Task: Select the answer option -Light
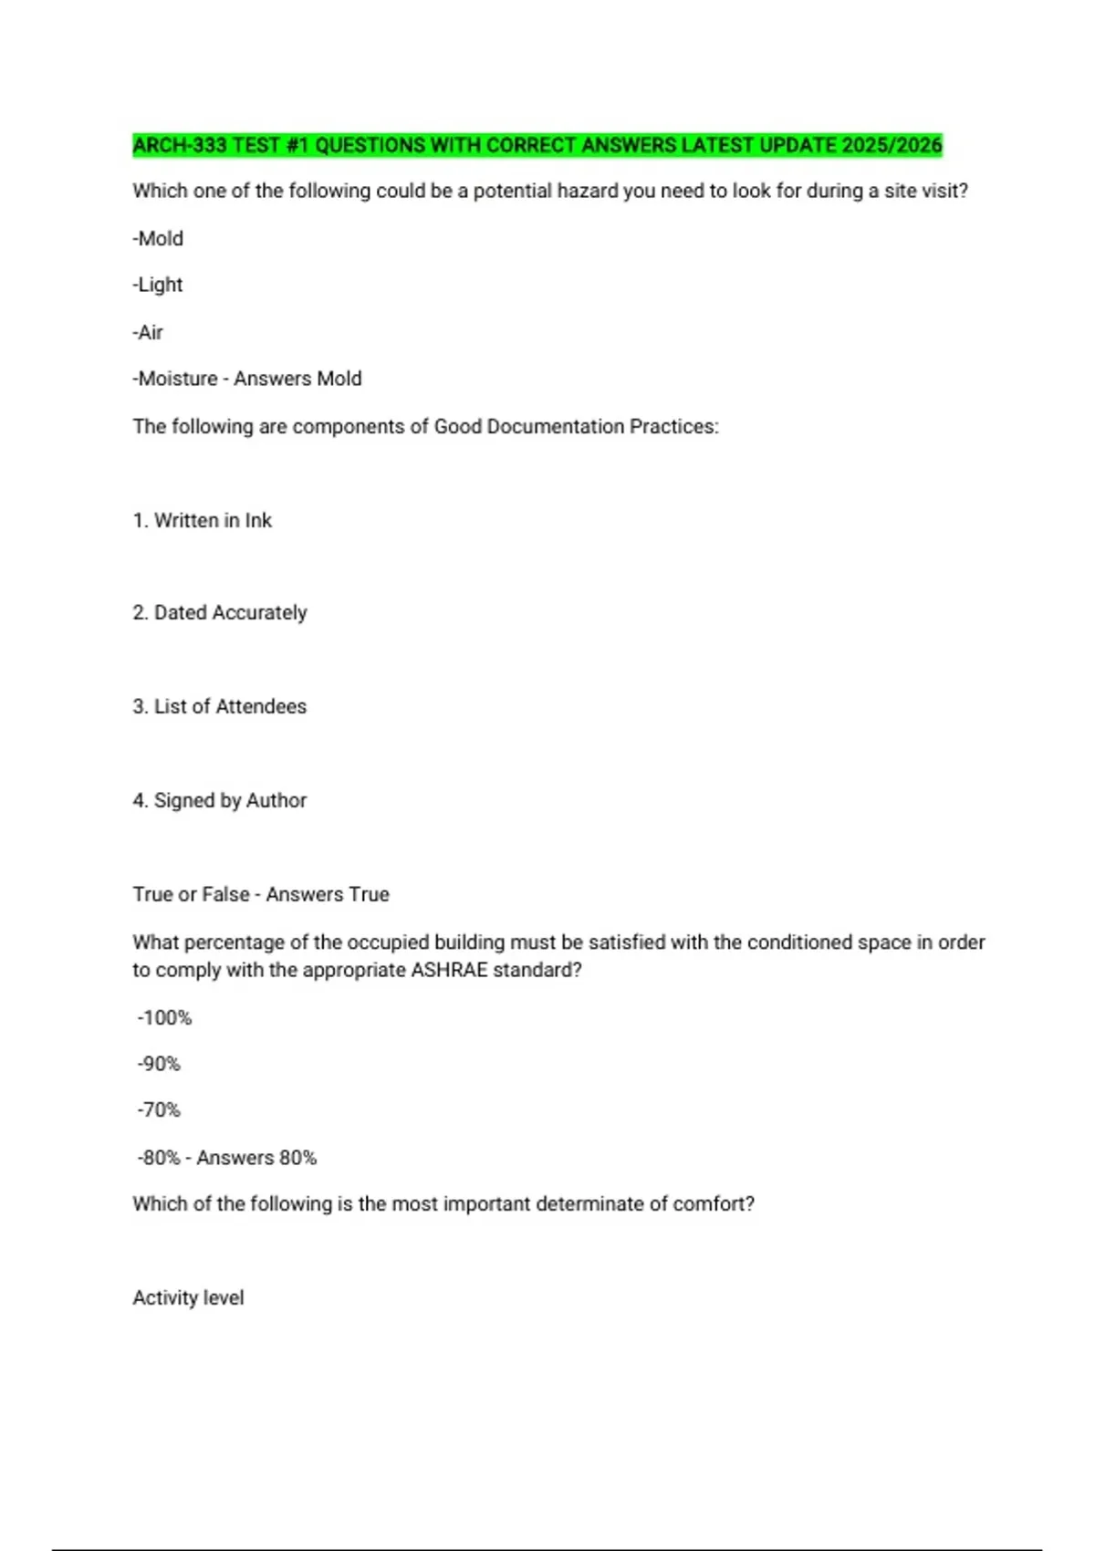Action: click(x=158, y=285)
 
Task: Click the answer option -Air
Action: click(x=148, y=332)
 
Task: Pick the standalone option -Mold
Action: click(x=158, y=238)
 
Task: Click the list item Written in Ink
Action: click(x=213, y=520)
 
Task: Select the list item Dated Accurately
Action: click(x=230, y=612)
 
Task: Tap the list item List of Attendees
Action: click(x=230, y=706)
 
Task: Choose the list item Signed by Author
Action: click(x=230, y=800)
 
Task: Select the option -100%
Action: click(x=164, y=1017)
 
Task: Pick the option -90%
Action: click(x=159, y=1064)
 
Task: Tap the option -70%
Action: click(x=159, y=1110)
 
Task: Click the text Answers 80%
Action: click(x=256, y=1158)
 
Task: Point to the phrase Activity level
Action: click(x=188, y=1297)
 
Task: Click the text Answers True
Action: click(x=328, y=894)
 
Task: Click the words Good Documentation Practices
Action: click(x=574, y=426)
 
